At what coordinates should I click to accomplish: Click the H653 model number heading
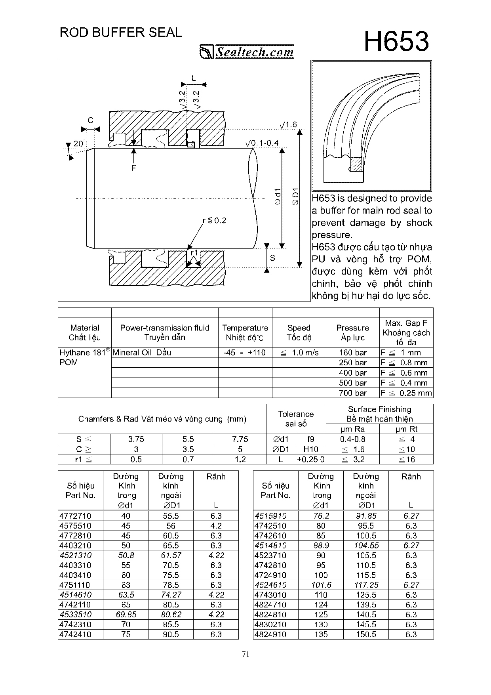[396, 42]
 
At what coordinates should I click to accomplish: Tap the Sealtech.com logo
[247, 52]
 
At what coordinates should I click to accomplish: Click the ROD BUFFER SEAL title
[121, 32]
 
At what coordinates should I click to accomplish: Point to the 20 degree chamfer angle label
[78, 143]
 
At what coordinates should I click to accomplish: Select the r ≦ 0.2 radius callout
[215, 220]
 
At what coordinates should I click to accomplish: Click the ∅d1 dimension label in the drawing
[278, 197]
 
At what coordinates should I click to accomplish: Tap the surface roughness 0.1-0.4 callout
[262, 143]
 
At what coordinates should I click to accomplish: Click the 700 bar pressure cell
[352, 393]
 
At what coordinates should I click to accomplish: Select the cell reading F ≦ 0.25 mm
[406, 393]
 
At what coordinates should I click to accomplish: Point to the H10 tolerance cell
[311, 449]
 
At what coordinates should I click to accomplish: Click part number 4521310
[75, 556]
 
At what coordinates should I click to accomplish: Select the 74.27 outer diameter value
[171, 595]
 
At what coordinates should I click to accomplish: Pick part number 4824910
[270, 634]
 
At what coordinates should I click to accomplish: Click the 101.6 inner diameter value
[321, 585]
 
